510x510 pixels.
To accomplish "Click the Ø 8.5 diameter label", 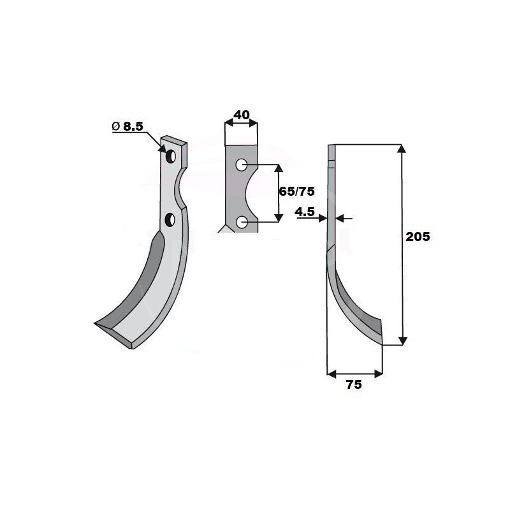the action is coord(127,126).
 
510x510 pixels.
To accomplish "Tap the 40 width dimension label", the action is coord(242,115).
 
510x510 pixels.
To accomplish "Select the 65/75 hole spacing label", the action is coord(297,192).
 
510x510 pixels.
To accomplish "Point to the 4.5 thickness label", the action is coord(305,212).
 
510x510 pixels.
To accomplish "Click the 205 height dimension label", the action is coord(418,237).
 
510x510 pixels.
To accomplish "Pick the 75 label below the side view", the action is coord(354,385).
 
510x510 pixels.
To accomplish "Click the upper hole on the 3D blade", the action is coord(171,157).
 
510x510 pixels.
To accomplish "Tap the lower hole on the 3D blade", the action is coord(170,219).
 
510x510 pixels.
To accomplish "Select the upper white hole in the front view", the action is coord(241,165).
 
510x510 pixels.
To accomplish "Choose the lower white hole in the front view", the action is coord(241,222).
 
